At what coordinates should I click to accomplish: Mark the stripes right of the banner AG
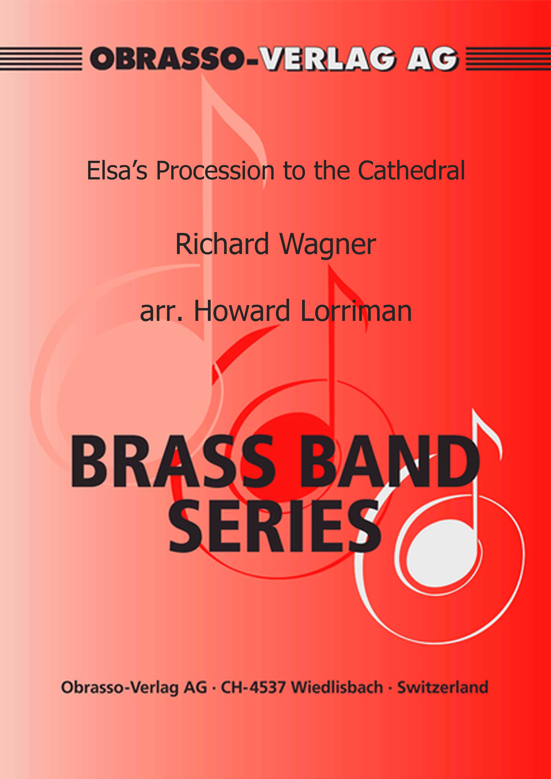pyautogui.click(x=508, y=59)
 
